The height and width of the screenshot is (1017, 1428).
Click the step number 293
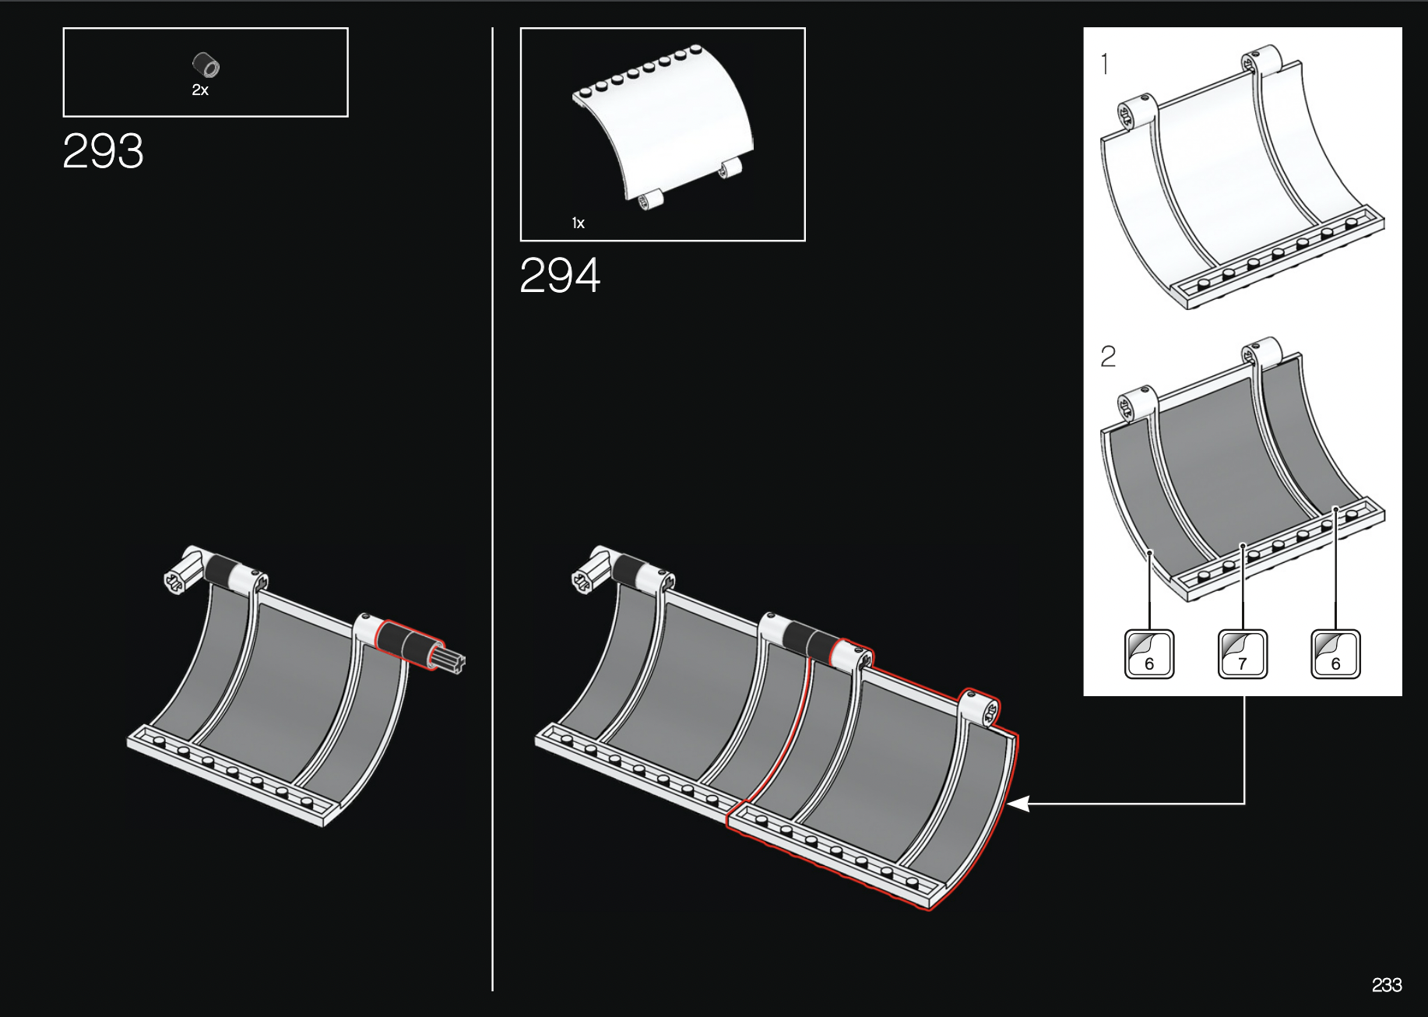pos(103,151)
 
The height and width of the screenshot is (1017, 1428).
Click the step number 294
pos(560,276)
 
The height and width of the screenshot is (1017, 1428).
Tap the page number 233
pos(1387,985)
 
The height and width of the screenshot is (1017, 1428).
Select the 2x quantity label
pos(200,90)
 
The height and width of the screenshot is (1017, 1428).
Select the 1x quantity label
pos(578,223)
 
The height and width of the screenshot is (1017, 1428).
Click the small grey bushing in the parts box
pos(206,65)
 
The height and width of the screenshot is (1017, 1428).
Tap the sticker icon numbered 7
pos(1242,654)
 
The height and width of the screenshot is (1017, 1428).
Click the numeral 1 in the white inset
pos(1105,64)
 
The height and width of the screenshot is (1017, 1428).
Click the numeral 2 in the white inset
pos(1108,357)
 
